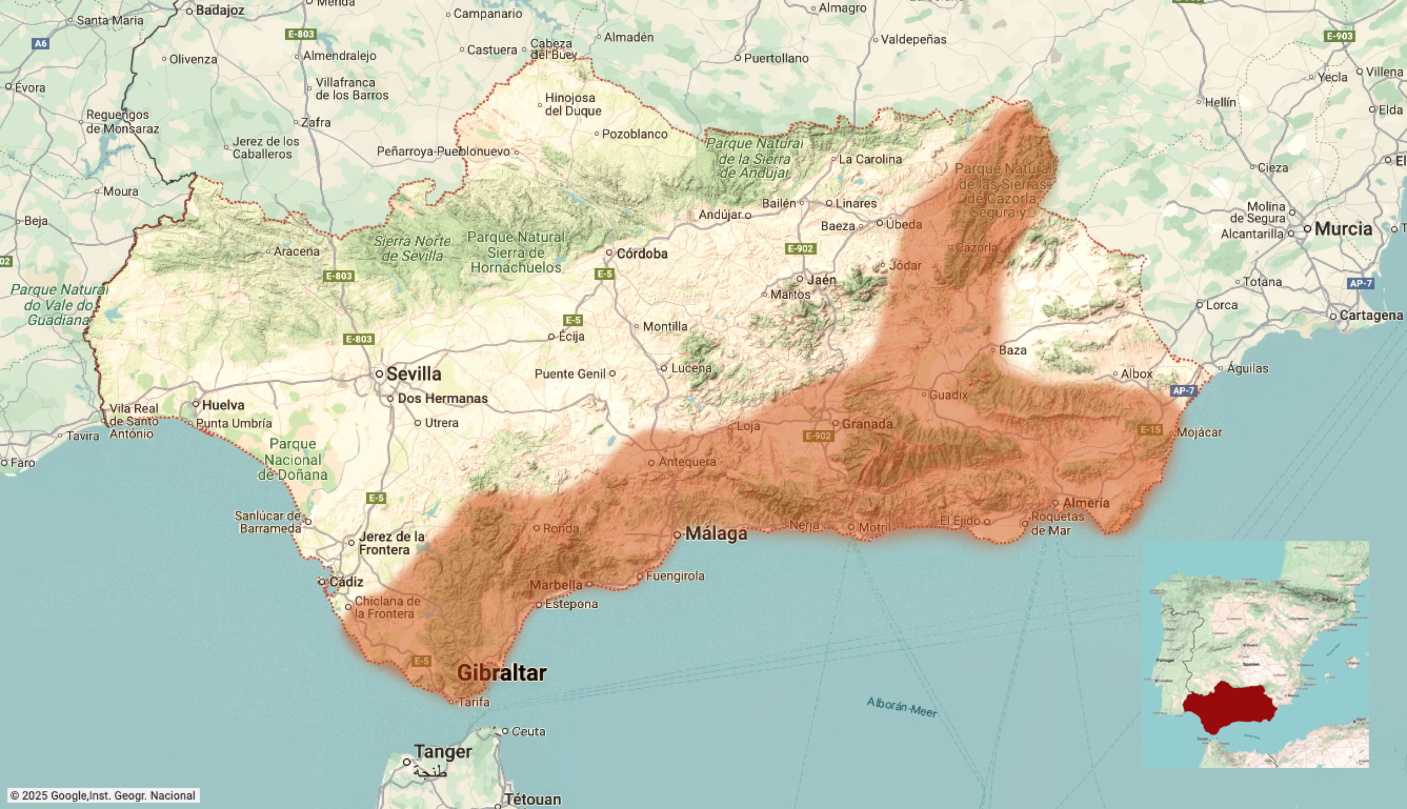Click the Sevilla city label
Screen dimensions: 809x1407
click(x=414, y=374)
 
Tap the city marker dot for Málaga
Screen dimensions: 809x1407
click(x=677, y=535)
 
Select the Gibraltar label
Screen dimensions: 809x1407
click(x=502, y=673)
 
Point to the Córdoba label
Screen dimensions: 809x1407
click(x=642, y=253)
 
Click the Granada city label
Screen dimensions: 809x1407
click(x=867, y=424)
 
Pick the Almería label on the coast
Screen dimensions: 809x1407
click(x=1086, y=503)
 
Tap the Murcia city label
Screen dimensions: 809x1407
click(x=1343, y=229)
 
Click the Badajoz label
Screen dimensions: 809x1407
click(x=220, y=10)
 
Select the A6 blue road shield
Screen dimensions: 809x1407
click(x=41, y=43)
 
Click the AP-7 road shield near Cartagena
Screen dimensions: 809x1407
click(x=1360, y=284)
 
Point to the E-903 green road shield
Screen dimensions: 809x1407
click(x=1339, y=36)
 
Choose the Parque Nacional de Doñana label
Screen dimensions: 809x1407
click(x=293, y=459)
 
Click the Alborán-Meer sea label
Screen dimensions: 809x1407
click(x=901, y=706)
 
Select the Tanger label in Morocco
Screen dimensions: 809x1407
click(x=442, y=752)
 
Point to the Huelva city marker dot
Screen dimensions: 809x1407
click(x=196, y=404)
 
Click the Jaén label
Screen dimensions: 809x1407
click(x=822, y=280)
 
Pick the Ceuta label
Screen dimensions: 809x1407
click(x=528, y=731)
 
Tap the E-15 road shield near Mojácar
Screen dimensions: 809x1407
click(x=1150, y=429)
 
